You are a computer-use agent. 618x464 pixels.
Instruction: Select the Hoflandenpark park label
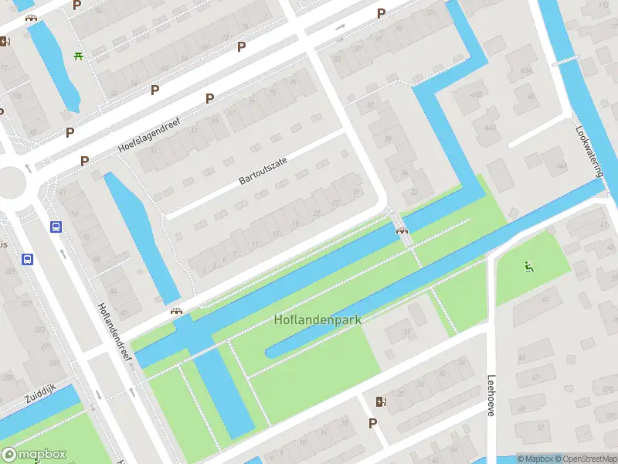click(x=317, y=319)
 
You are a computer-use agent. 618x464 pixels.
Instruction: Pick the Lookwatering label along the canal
click(x=588, y=152)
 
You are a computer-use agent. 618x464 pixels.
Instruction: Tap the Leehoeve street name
click(x=491, y=396)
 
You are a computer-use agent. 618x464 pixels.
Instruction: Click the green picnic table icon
click(x=78, y=56)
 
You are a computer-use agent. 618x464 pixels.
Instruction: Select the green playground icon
click(x=529, y=268)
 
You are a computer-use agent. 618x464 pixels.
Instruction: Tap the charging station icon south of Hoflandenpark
click(x=379, y=401)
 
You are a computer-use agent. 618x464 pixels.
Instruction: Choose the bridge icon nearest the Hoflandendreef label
click(x=177, y=311)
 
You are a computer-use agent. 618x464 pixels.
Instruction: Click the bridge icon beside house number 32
click(x=401, y=229)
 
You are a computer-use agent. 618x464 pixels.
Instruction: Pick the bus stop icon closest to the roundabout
click(x=56, y=227)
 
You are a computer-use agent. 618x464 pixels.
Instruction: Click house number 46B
click(x=528, y=71)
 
